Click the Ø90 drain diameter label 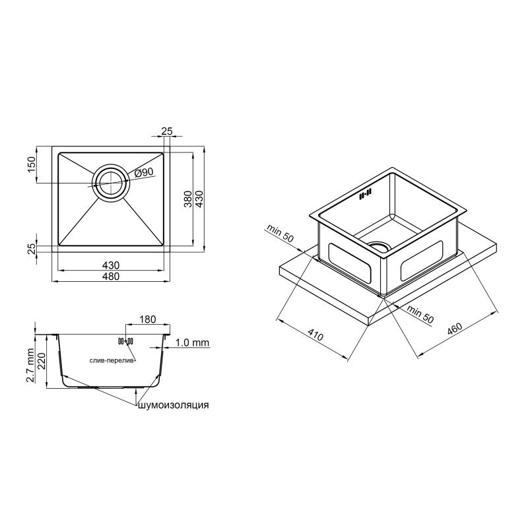[x=144, y=173]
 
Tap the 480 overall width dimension [x=111, y=277]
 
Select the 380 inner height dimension [x=188, y=199]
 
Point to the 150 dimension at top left [x=31, y=164]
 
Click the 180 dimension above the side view [x=147, y=319]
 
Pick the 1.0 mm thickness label [x=193, y=343]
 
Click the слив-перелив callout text [x=113, y=360]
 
